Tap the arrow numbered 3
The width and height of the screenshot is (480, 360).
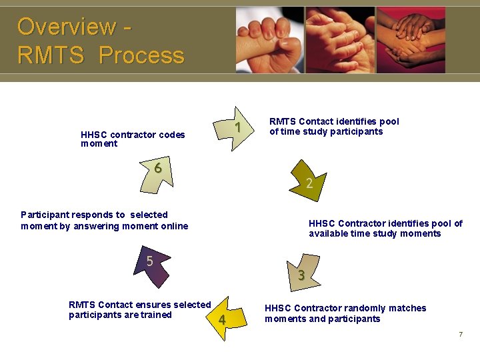(301, 272)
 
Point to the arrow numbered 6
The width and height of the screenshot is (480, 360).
(159, 172)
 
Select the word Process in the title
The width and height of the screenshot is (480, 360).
(141, 55)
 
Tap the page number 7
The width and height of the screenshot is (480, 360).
(460, 334)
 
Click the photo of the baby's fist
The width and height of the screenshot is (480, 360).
(270, 39)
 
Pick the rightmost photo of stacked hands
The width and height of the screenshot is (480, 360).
(411, 39)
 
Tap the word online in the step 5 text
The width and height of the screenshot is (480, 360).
(173, 226)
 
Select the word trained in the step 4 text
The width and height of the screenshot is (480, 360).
(156, 315)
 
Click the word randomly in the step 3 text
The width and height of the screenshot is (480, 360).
(364, 308)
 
